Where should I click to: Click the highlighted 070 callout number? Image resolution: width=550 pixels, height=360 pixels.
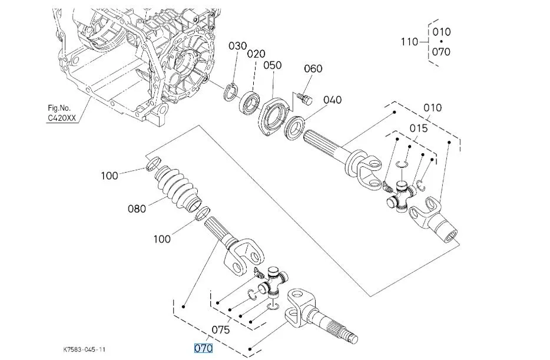[203, 348]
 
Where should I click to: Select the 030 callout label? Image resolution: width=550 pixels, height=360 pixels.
[238, 46]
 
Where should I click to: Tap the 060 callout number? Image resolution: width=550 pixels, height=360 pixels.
[313, 68]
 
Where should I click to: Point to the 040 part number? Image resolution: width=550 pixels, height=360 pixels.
[332, 100]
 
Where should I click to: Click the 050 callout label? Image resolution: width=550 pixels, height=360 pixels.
[273, 65]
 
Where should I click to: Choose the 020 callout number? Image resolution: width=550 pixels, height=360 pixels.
[256, 54]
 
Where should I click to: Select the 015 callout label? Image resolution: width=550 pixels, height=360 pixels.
[419, 128]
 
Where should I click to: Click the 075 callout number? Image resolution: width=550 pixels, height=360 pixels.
[221, 330]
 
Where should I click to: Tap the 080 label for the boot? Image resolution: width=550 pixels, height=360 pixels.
[137, 209]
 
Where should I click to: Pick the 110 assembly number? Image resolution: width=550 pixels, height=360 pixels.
[410, 42]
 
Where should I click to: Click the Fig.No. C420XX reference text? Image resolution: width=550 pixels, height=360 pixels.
[62, 113]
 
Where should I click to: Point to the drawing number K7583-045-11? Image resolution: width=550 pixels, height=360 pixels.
[84, 349]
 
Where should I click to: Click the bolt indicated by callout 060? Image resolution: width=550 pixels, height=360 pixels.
[305, 98]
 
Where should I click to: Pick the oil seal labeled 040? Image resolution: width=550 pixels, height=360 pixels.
[294, 128]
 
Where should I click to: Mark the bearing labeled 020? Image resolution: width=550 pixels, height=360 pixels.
[250, 103]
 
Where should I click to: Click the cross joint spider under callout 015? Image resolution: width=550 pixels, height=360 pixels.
[401, 196]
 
